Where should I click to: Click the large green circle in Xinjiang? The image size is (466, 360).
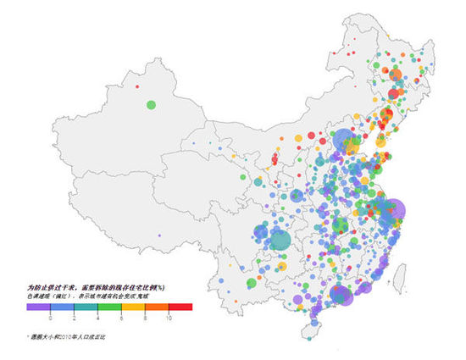(x=151, y=105)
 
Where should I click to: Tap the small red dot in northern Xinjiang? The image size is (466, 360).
(x=137, y=85)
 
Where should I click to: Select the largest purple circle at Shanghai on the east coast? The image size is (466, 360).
(x=392, y=212)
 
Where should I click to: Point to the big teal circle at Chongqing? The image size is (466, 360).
(x=280, y=241)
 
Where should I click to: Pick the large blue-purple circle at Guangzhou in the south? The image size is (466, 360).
(x=341, y=294)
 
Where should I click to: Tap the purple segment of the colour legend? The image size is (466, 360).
(x=38, y=307)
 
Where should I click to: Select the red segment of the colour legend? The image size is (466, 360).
(x=181, y=307)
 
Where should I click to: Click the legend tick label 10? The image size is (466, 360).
(x=169, y=317)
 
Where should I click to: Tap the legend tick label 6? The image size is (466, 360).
(x=122, y=317)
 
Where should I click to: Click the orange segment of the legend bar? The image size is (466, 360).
(x=158, y=307)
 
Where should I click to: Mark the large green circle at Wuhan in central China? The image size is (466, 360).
(x=340, y=225)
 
